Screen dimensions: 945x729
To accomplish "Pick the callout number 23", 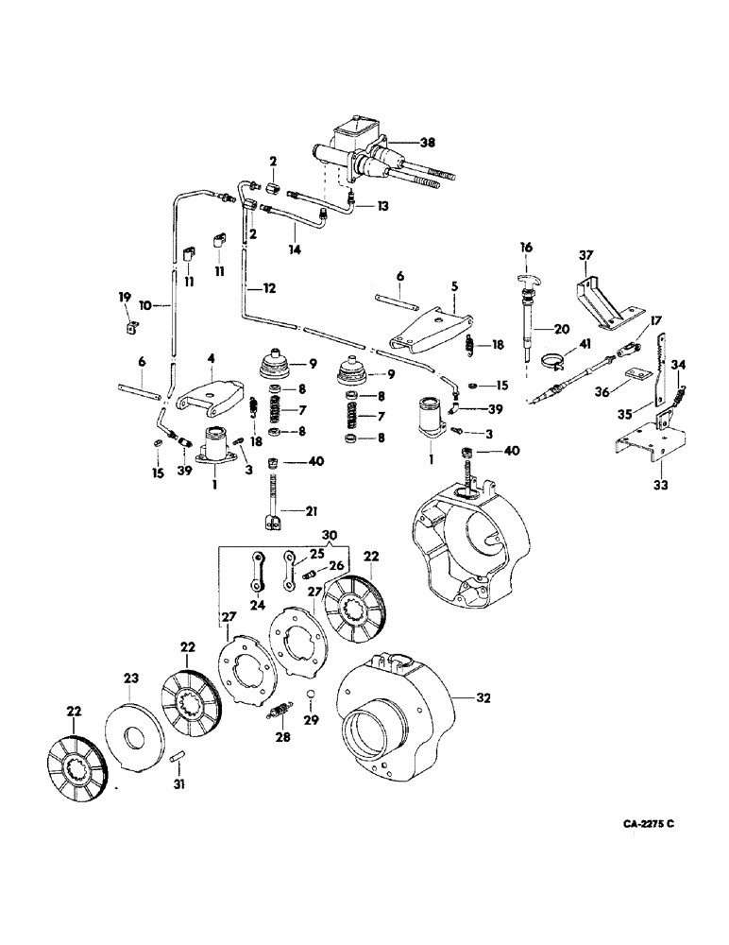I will pos(131,679).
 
